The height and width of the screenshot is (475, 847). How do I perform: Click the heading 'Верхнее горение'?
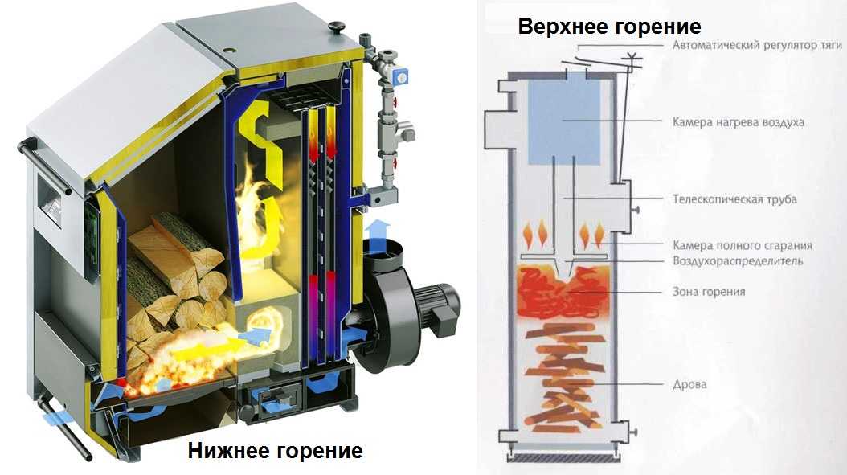tap(609, 27)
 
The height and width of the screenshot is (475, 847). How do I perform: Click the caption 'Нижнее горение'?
tap(275, 451)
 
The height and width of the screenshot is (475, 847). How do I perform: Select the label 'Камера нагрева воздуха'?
tap(738, 123)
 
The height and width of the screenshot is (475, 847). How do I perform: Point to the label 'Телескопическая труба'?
tap(734, 199)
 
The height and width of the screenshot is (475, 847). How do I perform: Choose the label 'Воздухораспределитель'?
tap(737, 261)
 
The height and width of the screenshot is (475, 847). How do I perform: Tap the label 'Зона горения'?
tap(708, 292)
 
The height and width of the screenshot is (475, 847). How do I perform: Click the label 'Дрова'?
tap(689, 384)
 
